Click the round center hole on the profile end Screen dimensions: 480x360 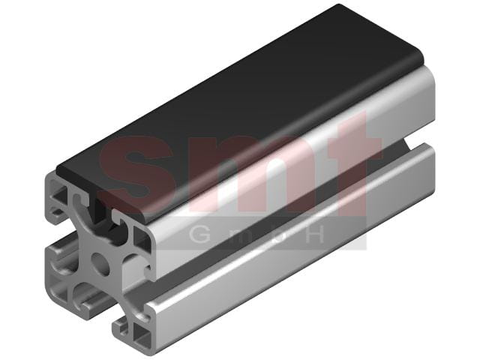tap(100, 263)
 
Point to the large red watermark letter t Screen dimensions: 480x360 tap(352, 162)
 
